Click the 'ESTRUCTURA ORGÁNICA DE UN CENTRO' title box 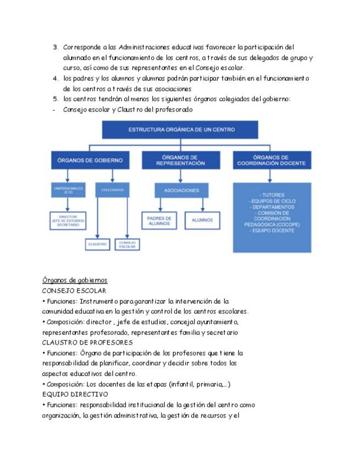coord(181,130)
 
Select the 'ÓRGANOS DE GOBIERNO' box coord(93,160)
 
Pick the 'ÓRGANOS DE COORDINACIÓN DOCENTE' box coord(270,160)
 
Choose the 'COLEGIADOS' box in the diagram coord(113,190)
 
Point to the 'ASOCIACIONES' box coord(181,190)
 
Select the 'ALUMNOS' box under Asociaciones coord(202,220)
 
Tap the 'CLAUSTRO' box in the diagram coord(97,243)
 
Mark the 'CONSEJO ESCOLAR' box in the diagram coord(128,243)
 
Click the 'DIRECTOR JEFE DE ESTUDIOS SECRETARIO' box coord(68,220)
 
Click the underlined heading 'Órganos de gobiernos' coord(74,280)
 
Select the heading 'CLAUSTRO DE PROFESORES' coord(79,342)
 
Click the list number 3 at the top coord(56,47)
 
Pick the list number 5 coord(56,99)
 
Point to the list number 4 coord(56,78)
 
